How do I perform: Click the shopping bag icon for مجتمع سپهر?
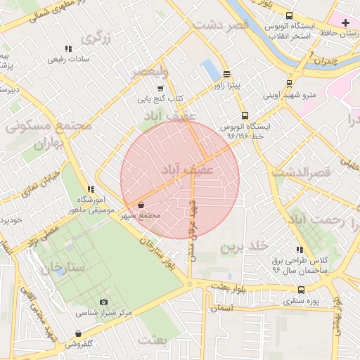point(142,205)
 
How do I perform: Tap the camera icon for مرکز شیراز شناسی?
point(104,302)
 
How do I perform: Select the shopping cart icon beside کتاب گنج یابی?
point(160,89)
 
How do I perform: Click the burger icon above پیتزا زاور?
point(226,74)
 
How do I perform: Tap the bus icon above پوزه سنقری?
point(302,290)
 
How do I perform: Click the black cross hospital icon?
point(345,22)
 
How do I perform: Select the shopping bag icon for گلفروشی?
point(78,333)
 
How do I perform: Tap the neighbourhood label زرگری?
point(96,37)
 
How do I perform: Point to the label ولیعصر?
point(149,72)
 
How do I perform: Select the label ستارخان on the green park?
point(62,268)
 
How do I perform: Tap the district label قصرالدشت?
point(309,172)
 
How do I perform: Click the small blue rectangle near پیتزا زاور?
point(210,70)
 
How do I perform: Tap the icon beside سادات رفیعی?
point(68,49)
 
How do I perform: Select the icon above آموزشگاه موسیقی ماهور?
point(90,189)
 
